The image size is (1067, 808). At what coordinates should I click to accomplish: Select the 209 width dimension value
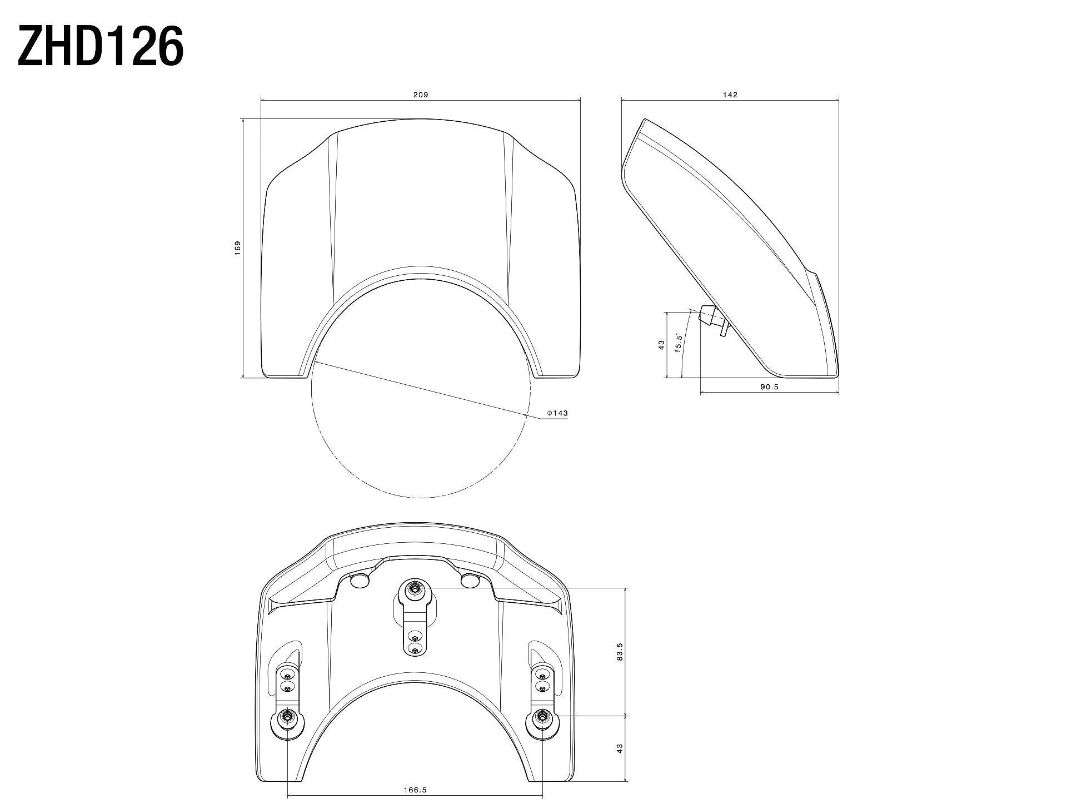(x=420, y=95)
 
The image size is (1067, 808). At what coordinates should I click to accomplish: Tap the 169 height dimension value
(x=237, y=248)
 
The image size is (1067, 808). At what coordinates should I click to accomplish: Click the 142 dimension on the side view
(x=730, y=95)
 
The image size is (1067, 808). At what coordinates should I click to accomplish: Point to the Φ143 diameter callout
(x=557, y=413)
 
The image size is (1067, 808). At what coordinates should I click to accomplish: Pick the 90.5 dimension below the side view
(x=769, y=387)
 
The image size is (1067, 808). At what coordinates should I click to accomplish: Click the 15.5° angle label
(x=678, y=344)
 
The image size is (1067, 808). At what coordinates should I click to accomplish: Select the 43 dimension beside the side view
(x=661, y=345)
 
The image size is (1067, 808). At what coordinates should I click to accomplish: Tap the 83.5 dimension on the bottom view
(x=620, y=651)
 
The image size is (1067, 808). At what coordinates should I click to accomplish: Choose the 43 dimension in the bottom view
(x=620, y=748)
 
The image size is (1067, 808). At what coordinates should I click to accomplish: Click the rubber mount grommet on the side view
(x=706, y=315)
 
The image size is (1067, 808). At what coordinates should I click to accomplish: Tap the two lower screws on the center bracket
(x=414, y=642)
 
